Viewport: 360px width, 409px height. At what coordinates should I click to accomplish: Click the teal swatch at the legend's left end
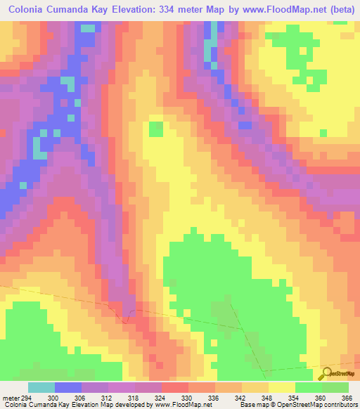pos(41,387)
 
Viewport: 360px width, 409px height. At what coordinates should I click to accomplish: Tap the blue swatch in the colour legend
pos(68,387)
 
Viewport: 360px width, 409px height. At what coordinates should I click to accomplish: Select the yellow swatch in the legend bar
pos(282,387)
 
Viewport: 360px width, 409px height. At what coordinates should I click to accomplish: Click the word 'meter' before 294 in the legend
pos(9,397)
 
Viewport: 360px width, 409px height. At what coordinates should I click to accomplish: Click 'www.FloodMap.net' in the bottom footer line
pos(184,405)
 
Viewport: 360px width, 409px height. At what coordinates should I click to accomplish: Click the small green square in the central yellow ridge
pos(155,129)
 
